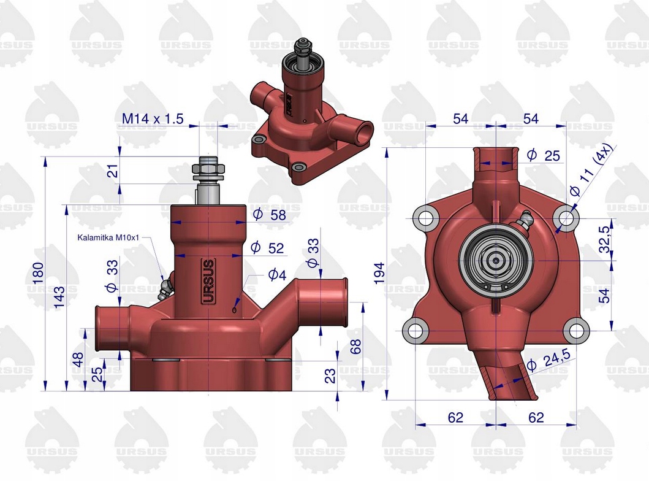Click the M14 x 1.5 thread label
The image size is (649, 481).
[152, 119]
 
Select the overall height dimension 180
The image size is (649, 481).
[39, 269]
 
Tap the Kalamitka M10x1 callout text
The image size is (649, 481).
[108, 237]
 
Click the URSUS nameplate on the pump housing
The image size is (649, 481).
[208, 282]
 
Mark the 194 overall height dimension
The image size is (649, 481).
[379, 271]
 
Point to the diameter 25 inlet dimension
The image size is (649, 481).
[543, 155]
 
